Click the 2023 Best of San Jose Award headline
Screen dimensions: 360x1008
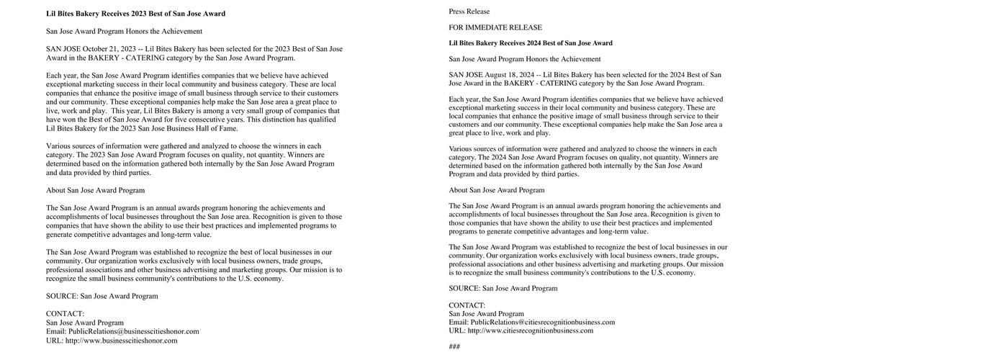135,14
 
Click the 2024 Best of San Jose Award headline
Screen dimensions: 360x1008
531,43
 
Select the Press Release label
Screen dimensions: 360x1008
469,12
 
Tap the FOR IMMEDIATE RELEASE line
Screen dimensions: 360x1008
495,27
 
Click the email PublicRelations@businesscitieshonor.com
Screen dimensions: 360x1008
134,332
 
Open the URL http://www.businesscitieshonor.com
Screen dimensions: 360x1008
121,341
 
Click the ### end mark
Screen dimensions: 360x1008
454,347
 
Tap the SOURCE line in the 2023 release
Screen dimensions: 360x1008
102,297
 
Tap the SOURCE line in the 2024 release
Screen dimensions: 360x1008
503,289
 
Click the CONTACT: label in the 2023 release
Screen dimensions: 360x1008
65,314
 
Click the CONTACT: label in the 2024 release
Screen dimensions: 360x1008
467,305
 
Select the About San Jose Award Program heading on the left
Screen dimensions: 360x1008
95,191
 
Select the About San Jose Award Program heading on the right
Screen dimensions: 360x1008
497,190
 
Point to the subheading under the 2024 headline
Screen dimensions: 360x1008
525,59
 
